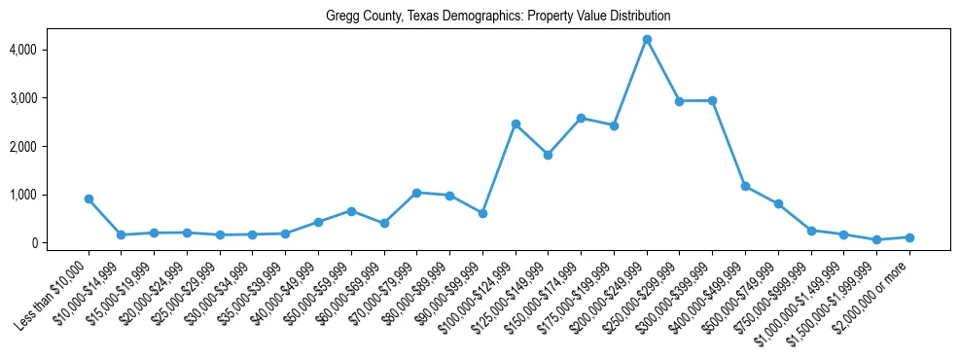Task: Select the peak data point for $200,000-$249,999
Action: [647, 39]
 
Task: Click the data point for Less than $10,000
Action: [89, 198]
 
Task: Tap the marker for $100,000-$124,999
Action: [516, 124]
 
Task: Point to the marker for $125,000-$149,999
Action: [549, 155]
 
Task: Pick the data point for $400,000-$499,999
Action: [745, 186]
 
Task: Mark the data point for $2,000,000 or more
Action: [909, 237]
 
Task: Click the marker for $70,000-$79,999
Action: [416, 193]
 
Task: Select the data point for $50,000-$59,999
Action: [351, 211]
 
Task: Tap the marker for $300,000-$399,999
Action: [713, 100]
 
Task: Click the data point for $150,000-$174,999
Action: [581, 118]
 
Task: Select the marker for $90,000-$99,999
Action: [482, 213]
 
